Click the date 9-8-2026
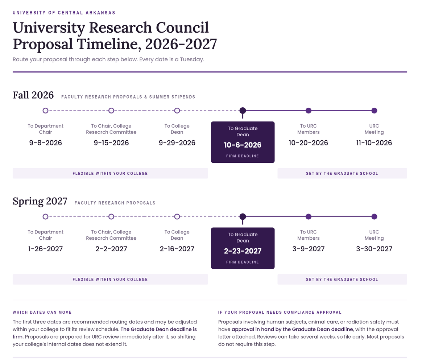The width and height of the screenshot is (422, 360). tap(45, 142)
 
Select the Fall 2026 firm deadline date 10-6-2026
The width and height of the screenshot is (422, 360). tap(243, 145)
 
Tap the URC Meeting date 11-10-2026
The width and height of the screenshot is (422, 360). tap(374, 142)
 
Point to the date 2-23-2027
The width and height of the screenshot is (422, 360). tap(243, 251)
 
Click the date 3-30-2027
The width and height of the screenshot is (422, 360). tap(374, 249)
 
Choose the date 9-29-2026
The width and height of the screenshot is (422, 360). tap(177, 142)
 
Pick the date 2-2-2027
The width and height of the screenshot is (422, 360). tap(111, 249)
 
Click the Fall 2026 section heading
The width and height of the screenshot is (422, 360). tap(33, 95)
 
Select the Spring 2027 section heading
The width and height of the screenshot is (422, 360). tap(40, 201)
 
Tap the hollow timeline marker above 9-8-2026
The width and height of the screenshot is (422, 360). tap(45, 111)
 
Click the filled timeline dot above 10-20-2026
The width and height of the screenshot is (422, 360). tap(309, 111)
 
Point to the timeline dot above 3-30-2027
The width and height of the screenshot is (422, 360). tap(374, 216)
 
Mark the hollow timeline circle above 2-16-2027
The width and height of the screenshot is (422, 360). tap(177, 216)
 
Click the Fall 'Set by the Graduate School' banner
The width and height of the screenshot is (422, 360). tap(342, 174)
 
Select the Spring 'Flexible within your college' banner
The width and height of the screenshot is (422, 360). tap(110, 280)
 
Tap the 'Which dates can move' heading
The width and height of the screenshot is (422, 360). tap(42, 313)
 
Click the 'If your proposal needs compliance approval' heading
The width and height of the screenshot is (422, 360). tap(280, 313)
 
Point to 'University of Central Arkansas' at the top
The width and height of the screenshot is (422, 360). tap(64, 13)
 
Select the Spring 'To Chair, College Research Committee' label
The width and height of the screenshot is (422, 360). tap(111, 235)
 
